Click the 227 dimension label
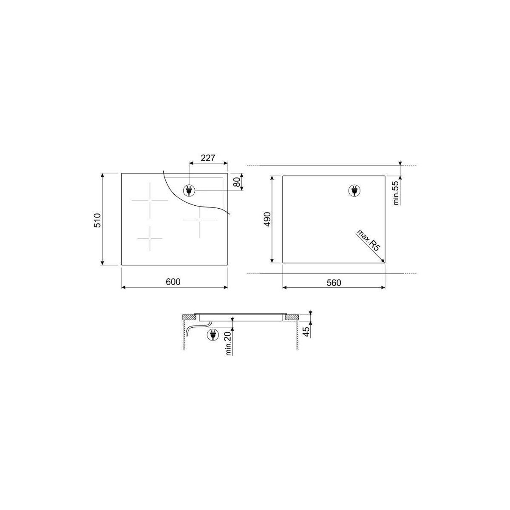(208, 158)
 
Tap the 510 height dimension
(97, 220)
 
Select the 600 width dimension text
(173, 282)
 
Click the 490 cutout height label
(268, 219)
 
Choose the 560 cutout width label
(334, 283)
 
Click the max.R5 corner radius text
(369, 241)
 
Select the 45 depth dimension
(306, 332)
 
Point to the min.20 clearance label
(229, 343)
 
